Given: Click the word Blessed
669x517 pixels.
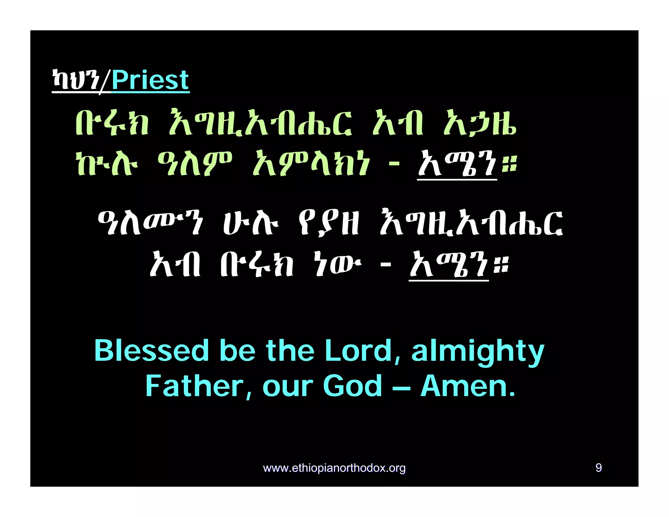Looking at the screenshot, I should point(151,350).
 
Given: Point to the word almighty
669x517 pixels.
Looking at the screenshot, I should point(478,352).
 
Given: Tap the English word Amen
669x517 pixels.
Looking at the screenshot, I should point(467,386).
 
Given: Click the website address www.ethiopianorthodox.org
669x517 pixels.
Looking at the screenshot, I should point(334,468).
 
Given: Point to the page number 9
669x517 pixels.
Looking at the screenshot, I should point(598,468).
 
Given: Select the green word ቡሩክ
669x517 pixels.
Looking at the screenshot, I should point(112,124).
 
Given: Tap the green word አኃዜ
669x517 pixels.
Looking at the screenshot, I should point(480,124).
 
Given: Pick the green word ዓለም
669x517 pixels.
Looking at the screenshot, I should point(194,163).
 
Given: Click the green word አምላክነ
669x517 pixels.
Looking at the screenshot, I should point(311,163).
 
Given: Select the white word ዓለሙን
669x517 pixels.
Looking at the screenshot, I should point(151,223).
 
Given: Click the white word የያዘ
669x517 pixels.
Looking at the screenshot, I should point(328,223).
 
